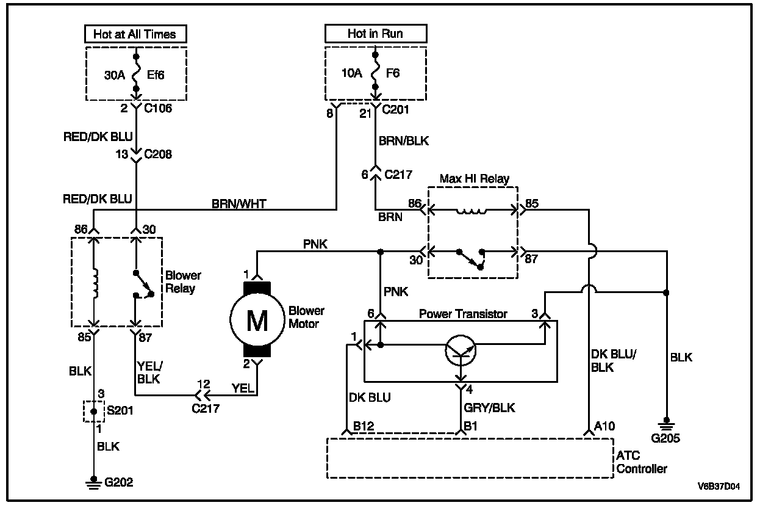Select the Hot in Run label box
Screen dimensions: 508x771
tap(375, 34)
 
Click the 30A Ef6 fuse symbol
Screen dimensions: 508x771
tap(137, 74)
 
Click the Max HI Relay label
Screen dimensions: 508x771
tap(474, 179)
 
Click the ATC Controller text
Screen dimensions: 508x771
tap(642, 463)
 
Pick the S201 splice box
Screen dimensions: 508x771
tap(93, 412)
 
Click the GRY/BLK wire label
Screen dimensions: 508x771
tap(490, 408)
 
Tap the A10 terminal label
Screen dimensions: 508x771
tap(605, 426)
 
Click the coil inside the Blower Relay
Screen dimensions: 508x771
tap(94, 284)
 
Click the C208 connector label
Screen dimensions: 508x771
tap(157, 154)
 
